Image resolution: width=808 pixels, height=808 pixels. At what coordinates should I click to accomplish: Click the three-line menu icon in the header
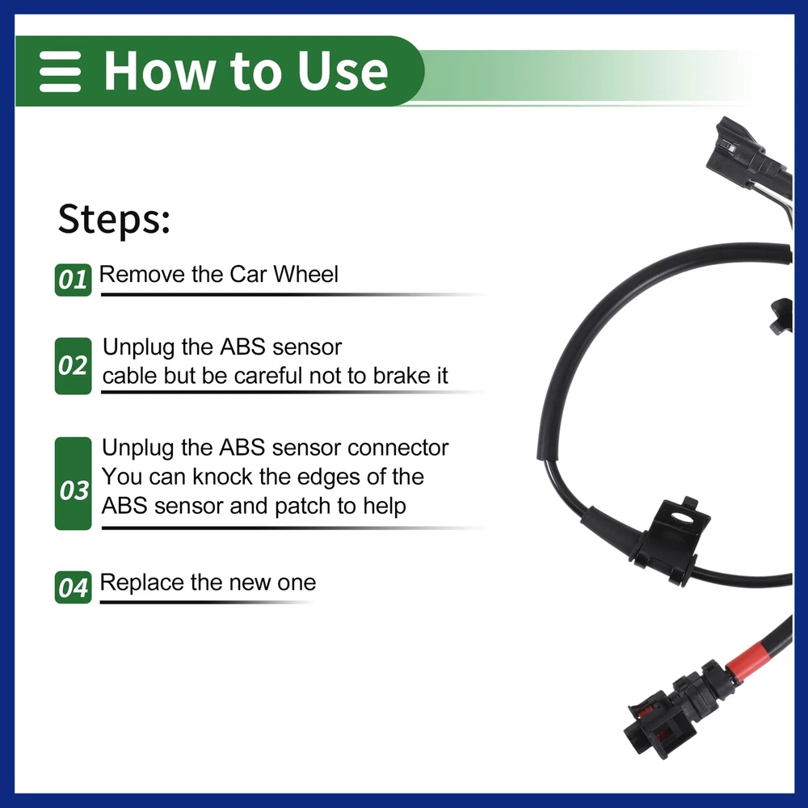click(61, 72)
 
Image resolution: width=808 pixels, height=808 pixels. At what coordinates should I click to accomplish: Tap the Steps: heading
click(114, 219)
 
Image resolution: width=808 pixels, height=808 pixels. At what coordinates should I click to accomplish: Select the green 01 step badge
click(74, 280)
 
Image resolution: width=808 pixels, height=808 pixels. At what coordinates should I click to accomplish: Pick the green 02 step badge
click(74, 366)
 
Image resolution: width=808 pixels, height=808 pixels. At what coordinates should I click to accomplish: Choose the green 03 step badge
click(74, 483)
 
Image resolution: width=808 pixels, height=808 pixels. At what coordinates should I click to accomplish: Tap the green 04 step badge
click(74, 587)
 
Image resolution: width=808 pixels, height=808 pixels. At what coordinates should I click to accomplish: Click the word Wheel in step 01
click(305, 274)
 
